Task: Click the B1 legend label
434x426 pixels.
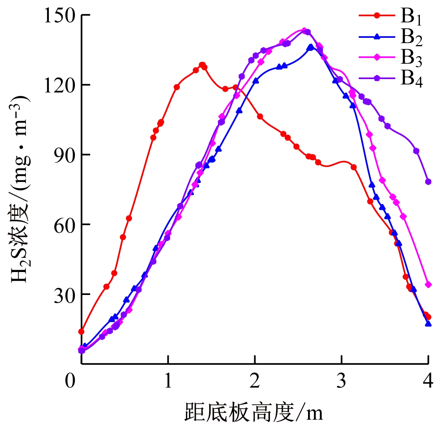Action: coord(411,17)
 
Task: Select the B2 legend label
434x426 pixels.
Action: coord(411,37)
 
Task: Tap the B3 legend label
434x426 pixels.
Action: coord(411,58)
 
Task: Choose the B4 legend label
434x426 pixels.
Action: coord(411,79)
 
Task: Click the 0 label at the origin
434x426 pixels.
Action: coord(70,381)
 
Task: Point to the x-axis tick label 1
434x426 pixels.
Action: coord(168,381)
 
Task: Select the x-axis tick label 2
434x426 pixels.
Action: coord(255,381)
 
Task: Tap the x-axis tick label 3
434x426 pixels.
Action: coord(342,381)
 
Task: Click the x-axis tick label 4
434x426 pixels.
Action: coord(428,381)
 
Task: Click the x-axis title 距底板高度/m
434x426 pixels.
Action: coord(254,412)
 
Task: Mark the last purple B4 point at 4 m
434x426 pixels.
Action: coord(428,182)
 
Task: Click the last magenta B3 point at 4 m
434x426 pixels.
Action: coord(428,285)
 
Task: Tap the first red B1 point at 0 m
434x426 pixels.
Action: coord(81,331)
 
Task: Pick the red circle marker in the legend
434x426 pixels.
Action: coord(377,16)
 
